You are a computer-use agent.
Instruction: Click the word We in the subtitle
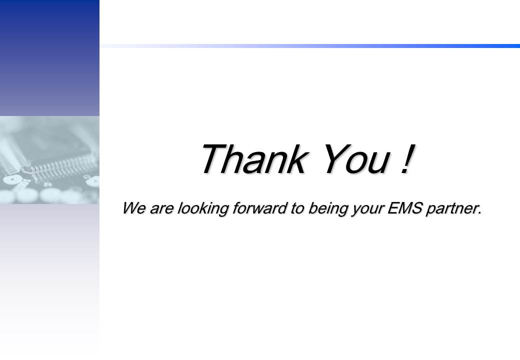coord(133,208)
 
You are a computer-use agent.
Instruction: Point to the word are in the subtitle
coord(161,209)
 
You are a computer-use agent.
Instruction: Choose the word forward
coord(259,208)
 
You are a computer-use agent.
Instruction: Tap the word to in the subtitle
coord(297,208)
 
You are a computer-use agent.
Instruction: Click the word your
coord(368,210)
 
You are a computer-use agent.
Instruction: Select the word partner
coord(451,209)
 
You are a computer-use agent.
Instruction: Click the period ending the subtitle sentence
coord(480,213)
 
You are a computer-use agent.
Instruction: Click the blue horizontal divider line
coord(309,46)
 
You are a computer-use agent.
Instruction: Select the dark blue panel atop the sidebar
coord(49,58)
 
